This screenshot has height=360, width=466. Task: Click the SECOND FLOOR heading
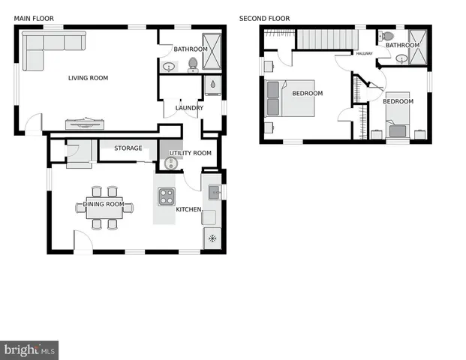264,18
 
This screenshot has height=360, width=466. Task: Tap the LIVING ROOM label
88,78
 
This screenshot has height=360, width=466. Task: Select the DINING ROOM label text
103,204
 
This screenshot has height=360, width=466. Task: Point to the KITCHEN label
188,209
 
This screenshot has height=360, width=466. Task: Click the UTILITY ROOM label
191,153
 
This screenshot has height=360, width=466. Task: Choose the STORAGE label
128,148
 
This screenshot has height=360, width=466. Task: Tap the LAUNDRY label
188,108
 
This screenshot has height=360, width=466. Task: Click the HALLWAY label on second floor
364,53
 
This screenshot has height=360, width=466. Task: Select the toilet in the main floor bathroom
192,64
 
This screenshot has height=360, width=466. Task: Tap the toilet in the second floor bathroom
386,35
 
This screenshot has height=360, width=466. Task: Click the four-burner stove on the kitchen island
166,196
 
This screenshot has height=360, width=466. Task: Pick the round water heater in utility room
170,163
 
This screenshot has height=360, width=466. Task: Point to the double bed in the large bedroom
290,98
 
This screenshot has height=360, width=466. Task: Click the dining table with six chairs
103,208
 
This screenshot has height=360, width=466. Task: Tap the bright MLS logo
30,349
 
